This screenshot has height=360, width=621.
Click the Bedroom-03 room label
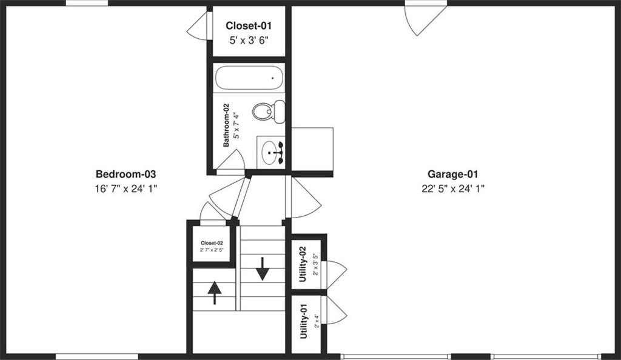point(126,174)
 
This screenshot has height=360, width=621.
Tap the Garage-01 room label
point(453,174)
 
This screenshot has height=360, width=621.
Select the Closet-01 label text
point(247,25)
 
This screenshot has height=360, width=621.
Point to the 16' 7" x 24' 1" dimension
point(126,188)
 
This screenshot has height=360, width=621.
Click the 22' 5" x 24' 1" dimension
point(453,188)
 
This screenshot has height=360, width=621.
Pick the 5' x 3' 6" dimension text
point(247,40)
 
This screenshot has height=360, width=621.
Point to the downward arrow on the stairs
point(262,268)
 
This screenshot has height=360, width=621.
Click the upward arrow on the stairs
point(215,293)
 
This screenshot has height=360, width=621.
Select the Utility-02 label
point(303,261)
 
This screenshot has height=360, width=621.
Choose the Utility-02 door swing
point(335,274)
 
